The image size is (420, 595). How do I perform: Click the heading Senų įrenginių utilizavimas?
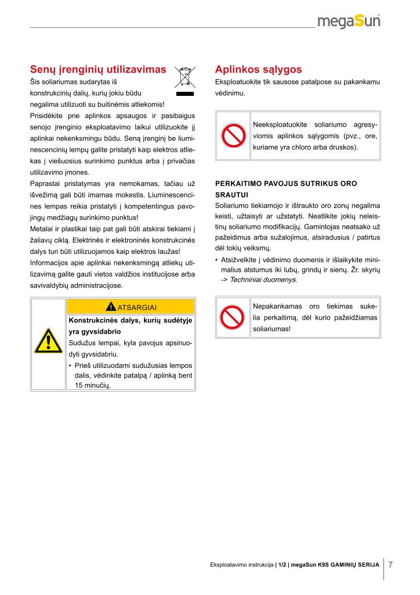click(x=98, y=69)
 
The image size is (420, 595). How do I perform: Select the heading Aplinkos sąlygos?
click(x=258, y=69)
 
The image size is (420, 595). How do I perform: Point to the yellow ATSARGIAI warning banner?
click(x=131, y=307)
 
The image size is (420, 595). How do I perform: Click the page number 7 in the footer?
click(x=390, y=565)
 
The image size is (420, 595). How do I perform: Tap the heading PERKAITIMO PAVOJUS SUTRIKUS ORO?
click(x=286, y=184)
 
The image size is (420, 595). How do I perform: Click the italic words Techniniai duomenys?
click(x=263, y=279)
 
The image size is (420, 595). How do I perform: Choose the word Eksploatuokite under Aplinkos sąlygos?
click(x=238, y=82)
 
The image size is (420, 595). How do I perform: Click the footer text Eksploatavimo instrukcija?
click(x=241, y=565)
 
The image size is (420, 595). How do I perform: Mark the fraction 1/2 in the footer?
click(x=282, y=565)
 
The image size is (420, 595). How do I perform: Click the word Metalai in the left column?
click(x=42, y=228)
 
